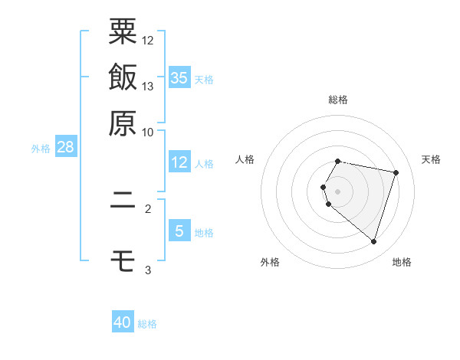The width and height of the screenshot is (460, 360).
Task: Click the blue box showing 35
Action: point(179,77)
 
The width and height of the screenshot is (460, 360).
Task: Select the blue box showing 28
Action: point(65,147)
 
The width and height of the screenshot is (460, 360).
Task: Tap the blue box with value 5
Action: point(179,231)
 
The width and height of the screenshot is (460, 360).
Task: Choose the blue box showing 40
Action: point(123,322)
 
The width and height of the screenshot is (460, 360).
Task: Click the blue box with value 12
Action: point(179,162)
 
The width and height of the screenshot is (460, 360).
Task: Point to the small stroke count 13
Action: point(149,86)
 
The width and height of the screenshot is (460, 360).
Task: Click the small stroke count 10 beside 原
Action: point(149,132)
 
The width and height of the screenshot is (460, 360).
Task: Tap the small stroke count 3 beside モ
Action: point(149,270)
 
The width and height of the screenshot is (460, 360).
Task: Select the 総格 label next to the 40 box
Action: point(147,324)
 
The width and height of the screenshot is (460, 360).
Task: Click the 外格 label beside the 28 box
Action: point(41,149)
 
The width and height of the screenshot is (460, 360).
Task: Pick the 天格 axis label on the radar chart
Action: point(432,159)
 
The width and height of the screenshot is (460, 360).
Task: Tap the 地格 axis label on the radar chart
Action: point(402,262)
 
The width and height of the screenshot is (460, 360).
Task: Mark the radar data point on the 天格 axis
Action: point(396,172)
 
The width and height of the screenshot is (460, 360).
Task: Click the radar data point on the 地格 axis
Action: point(373,242)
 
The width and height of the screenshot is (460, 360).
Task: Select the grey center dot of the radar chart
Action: point(338,191)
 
